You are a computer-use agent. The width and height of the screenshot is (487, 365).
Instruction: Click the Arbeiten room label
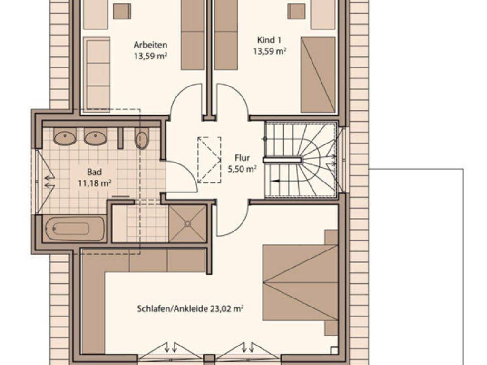pyautogui.click(x=150, y=45)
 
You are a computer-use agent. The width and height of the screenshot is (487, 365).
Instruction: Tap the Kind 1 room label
pyautogui.click(x=269, y=40)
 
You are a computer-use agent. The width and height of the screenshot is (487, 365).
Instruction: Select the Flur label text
pyautogui.click(x=242, y=158)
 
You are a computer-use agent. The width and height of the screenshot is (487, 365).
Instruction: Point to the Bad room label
pyautogui.click(x=95, y=172)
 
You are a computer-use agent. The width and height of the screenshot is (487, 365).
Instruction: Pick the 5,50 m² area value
pyautogui.click(x=242, y=169)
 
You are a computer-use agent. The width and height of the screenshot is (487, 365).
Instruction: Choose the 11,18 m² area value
pyautogui.click(x=95, y=183)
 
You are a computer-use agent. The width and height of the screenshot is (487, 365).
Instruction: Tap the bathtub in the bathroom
pyautogui.click(x=73, y=229)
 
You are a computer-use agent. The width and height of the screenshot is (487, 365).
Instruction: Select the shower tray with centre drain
pyautogui.click(x=187, y=223)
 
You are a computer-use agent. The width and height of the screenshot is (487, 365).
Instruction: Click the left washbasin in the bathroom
pyautogui.click(x=65, y=136)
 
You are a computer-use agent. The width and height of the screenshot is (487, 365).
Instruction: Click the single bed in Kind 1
pyautogui.click(x=318, y=75)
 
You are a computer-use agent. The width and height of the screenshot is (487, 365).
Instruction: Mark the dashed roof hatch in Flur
pyautogui.click(x=209, y=160)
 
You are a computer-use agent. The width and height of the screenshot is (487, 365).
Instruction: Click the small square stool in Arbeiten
pyautogui.click(x=122, y=11)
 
